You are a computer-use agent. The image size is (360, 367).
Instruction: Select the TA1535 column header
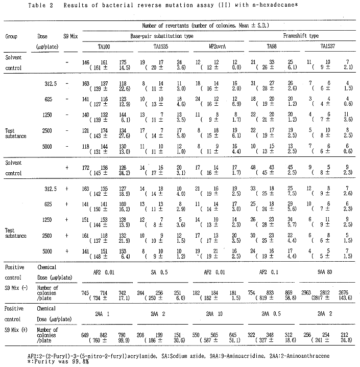point(161,46)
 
